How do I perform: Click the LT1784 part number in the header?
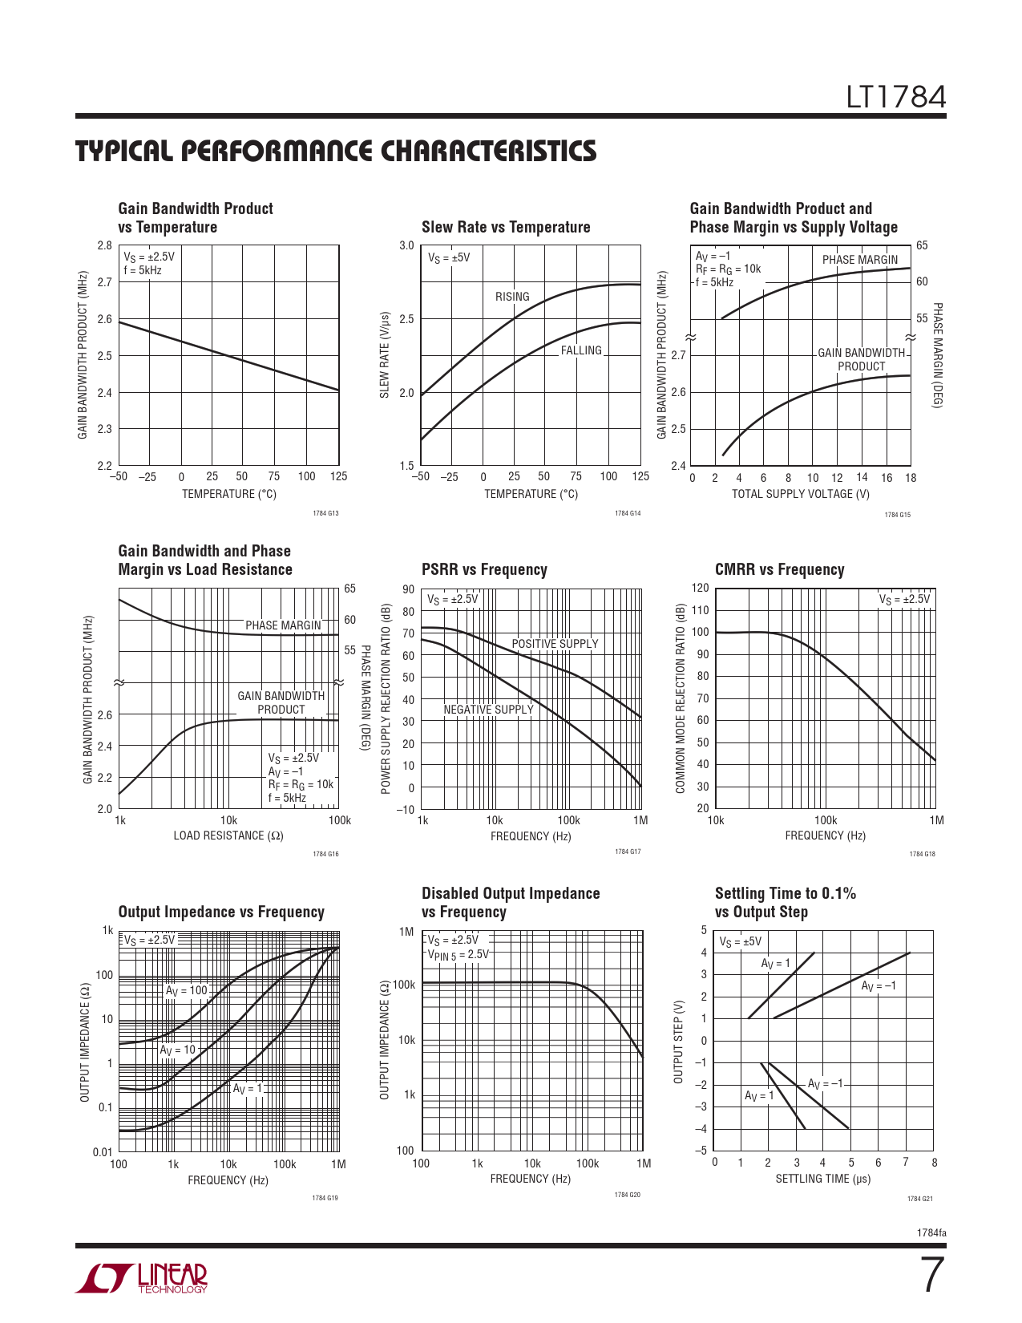click(x=896, y=97)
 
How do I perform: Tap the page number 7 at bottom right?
click(x=931, y=1275)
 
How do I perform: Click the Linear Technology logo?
click(x=142, y=1278)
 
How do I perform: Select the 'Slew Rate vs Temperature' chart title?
click(x=506, y=227)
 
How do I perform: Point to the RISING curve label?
click(x=512, y=297)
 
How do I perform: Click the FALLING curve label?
click(x=581, y=350)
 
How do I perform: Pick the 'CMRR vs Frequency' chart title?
click(x=779, y=569)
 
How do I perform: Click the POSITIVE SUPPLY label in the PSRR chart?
click(x=555, y=644)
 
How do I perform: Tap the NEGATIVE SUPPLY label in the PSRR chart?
click(x=488, y=710)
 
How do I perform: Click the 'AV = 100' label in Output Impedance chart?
click(x=186, y=991)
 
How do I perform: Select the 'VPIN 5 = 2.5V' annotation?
click(x=458, y=954)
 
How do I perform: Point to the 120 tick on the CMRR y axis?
click(x=700, y=588)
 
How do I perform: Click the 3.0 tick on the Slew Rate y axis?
click(x=406, y=246)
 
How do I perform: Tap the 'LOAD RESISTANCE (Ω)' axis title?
click(x=228, y=835)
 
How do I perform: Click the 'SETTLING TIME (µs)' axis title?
click(x=822, y=1179)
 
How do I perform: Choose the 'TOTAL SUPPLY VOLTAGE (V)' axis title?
click(x=800, y=494)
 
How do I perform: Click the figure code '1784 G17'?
click(x=628, y=852)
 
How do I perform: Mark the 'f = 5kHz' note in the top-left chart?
click(x=143, y=270)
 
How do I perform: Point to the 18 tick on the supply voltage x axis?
click(x=911, y=478)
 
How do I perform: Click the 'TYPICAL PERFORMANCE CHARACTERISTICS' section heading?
click(x=336, y=151)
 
